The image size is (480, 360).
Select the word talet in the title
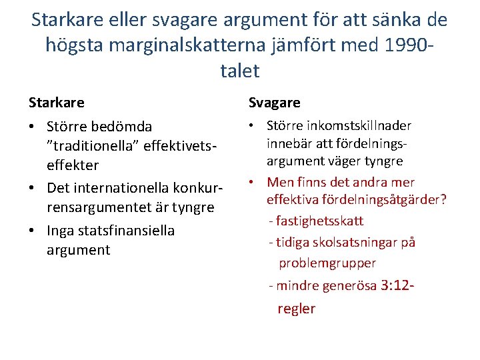(239, 70)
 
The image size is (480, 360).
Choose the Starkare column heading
(57, 103)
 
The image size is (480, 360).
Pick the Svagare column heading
(275, 103)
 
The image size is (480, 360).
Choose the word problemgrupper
(327, 263)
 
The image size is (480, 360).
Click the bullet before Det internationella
(33, 188)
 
